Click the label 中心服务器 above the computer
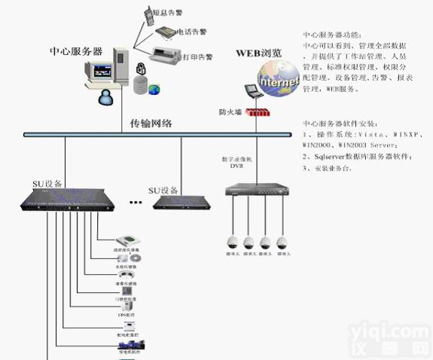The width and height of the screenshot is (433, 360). click(75, 51)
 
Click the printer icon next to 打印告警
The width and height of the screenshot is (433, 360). click(166, 55)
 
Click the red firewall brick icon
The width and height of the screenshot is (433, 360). click(258, 112)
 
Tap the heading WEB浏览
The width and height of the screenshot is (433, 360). click(259, 53)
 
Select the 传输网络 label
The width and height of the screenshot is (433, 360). click(151, 123)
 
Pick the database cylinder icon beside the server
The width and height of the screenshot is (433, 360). click(139, 84)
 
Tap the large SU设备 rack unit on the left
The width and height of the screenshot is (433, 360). click(66, 200)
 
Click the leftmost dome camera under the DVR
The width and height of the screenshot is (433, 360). click(232, 243)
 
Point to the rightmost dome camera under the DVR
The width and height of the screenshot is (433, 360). click(282, 243)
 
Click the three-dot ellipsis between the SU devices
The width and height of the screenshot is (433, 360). click(136, 202)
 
